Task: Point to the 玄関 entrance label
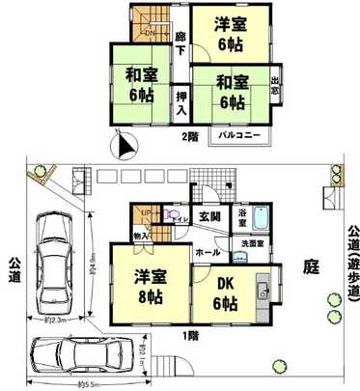click(x=209, y=217)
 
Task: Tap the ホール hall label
click(x=206, y=251)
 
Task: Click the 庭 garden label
click(x=311, y=263)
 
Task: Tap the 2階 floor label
click(x=190, y=135)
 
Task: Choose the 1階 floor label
click(x=190, y=335)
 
